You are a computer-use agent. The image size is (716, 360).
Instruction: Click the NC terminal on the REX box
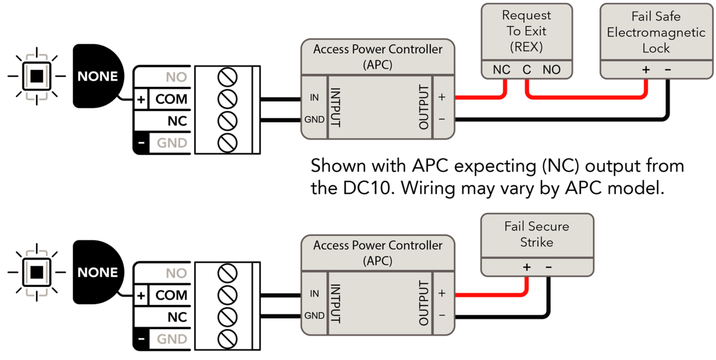click(501, 69)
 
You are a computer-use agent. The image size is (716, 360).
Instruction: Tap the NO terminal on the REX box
click(552, 69)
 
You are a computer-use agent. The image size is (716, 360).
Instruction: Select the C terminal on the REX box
click(527, 69)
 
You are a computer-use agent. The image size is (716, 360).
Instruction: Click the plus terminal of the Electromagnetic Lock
click(646, 69)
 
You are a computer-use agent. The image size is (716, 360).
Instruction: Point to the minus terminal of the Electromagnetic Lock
click(668, 69)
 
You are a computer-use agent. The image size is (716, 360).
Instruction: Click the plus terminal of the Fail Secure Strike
click(527, 267)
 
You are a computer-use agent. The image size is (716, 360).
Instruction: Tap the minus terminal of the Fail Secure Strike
click(548, 267)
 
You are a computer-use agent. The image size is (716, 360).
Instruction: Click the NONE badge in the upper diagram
click(98, 76)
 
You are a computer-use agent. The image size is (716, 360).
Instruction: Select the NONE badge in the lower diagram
click(98, 272)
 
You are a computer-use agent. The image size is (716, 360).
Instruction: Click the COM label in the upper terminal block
click(171, 99)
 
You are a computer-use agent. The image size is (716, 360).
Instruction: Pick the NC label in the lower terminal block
click(177, 317)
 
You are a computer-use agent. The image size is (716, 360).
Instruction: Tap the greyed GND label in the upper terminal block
click(172, 143)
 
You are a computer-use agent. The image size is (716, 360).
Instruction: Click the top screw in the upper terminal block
click(228, 77)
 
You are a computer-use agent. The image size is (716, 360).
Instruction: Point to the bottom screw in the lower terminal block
click(228, 339)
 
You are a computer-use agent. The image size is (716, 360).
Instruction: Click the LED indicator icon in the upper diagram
click(36, 76)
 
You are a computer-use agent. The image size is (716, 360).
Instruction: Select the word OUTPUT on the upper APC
click(423, 107)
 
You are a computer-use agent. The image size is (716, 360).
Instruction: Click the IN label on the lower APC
click(314, 293)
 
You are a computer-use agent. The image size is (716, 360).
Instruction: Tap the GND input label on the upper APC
click(314, 119)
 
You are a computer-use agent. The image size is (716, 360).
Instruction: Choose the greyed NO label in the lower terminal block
click(176, 273)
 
